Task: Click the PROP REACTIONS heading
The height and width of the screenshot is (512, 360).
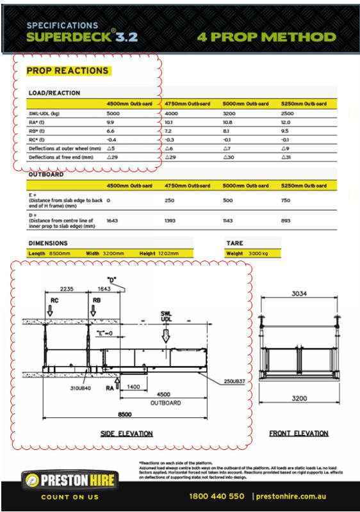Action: tap(67, 70)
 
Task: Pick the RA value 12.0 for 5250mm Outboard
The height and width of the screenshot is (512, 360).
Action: tap(286, 122)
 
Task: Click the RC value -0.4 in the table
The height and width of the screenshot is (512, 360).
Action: tap(111, 139)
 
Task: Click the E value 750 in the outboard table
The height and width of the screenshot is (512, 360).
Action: tap(286, 200)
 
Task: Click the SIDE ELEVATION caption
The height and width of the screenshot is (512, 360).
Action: tap(126, 433)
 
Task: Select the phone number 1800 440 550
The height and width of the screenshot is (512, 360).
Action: tap(217, 496)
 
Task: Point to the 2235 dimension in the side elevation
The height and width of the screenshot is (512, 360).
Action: tap(66, 289)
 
